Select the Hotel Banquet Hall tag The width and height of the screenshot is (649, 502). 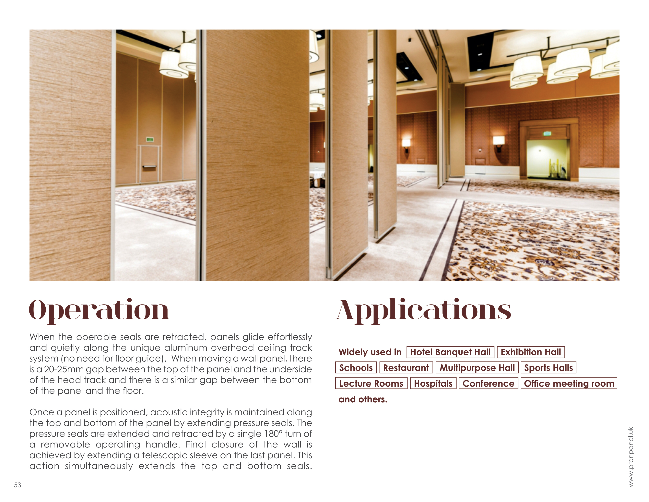pyautogui.click(x=450, y=352)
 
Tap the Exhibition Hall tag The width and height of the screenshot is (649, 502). pyautogui.click(x=531, y=352)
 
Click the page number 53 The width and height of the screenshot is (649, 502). pyautogui.click(x=18, y=485)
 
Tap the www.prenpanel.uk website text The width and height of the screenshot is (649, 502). pyautogui.click(x=631, y=457)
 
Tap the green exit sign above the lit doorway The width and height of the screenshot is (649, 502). pyautogui.click(x=547, y=133)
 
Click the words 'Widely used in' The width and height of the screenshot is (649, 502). pyautogui.click(x=370, y=352)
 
